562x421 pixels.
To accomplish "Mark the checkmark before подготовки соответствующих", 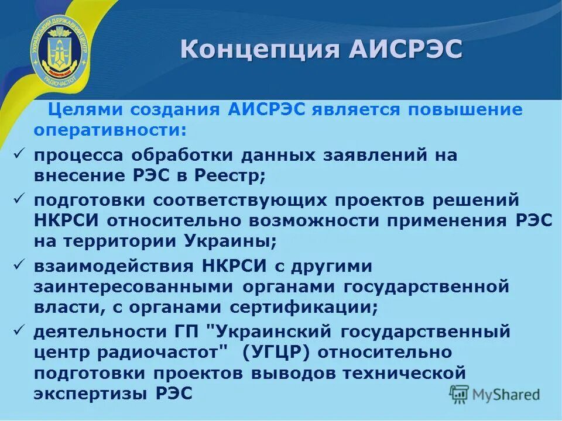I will point(19,199).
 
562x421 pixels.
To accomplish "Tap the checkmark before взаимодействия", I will point(19,265).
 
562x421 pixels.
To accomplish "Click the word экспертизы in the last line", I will point(90,393).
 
